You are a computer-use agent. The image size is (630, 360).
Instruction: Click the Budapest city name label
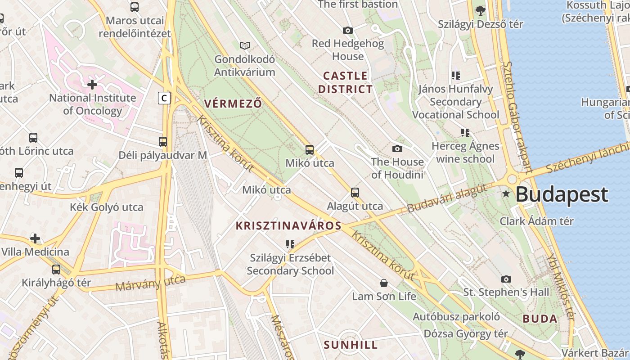pos(562,195)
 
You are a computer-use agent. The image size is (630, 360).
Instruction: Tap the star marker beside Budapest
pos(506,194)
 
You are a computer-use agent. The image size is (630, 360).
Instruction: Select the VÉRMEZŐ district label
pos(233,103)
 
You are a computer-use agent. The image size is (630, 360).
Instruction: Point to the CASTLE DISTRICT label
pos(346,82)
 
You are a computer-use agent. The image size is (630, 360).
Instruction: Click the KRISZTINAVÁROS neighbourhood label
pos(288,226)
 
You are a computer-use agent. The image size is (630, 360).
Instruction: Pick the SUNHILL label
pos(351,345)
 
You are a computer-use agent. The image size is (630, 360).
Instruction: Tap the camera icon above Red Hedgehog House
pos(348,30)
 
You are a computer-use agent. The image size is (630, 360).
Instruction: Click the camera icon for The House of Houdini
pos(397,148)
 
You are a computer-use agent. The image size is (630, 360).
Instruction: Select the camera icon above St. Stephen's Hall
pos(506,279)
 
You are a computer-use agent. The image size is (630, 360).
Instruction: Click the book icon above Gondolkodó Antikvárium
pos(245,45)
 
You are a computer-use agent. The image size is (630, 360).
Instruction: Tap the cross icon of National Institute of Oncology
pos(92,84)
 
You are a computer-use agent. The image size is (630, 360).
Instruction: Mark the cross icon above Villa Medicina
pos(35,238)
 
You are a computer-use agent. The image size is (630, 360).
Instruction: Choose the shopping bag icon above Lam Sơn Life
pos(384,283)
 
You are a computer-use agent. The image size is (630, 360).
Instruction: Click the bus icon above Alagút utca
pos(355,193)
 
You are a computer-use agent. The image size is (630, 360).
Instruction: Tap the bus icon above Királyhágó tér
pos(56,270)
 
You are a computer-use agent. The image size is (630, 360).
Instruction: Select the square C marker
pos(165,98)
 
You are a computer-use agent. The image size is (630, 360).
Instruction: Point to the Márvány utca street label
pos(150,283)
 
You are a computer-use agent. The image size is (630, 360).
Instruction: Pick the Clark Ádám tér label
pos(537,221)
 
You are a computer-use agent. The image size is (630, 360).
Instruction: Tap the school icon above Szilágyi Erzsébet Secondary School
pos(290,244)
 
